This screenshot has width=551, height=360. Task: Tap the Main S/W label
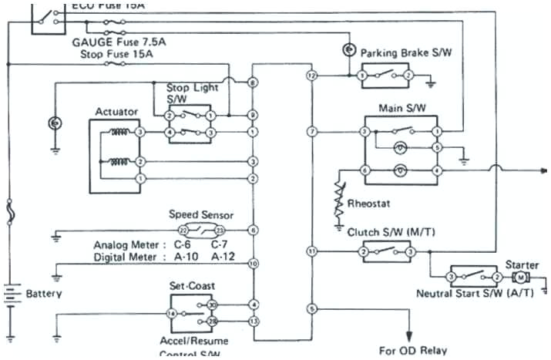click(x=398, y=108)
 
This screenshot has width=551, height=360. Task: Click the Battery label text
click(x=44, y=294)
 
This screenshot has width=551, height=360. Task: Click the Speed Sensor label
click(x=200, y=215)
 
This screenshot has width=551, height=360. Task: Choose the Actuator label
click(x=116, y=112)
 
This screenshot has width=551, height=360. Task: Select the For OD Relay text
click(x=412, y=350)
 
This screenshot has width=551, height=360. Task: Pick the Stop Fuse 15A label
click(x=116, y=56)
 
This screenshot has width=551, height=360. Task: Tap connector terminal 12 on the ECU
click(x=311, y=76)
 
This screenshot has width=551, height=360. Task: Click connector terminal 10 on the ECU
click(x=253, y=264)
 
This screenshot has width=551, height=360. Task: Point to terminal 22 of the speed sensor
click(x=183, y=230)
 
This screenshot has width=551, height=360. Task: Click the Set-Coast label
click(x=193, y=284)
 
